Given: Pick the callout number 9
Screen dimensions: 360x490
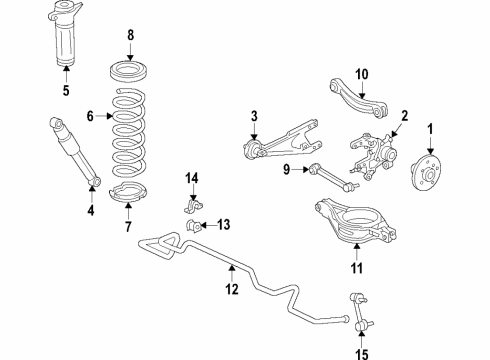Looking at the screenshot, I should pos(286,169).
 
